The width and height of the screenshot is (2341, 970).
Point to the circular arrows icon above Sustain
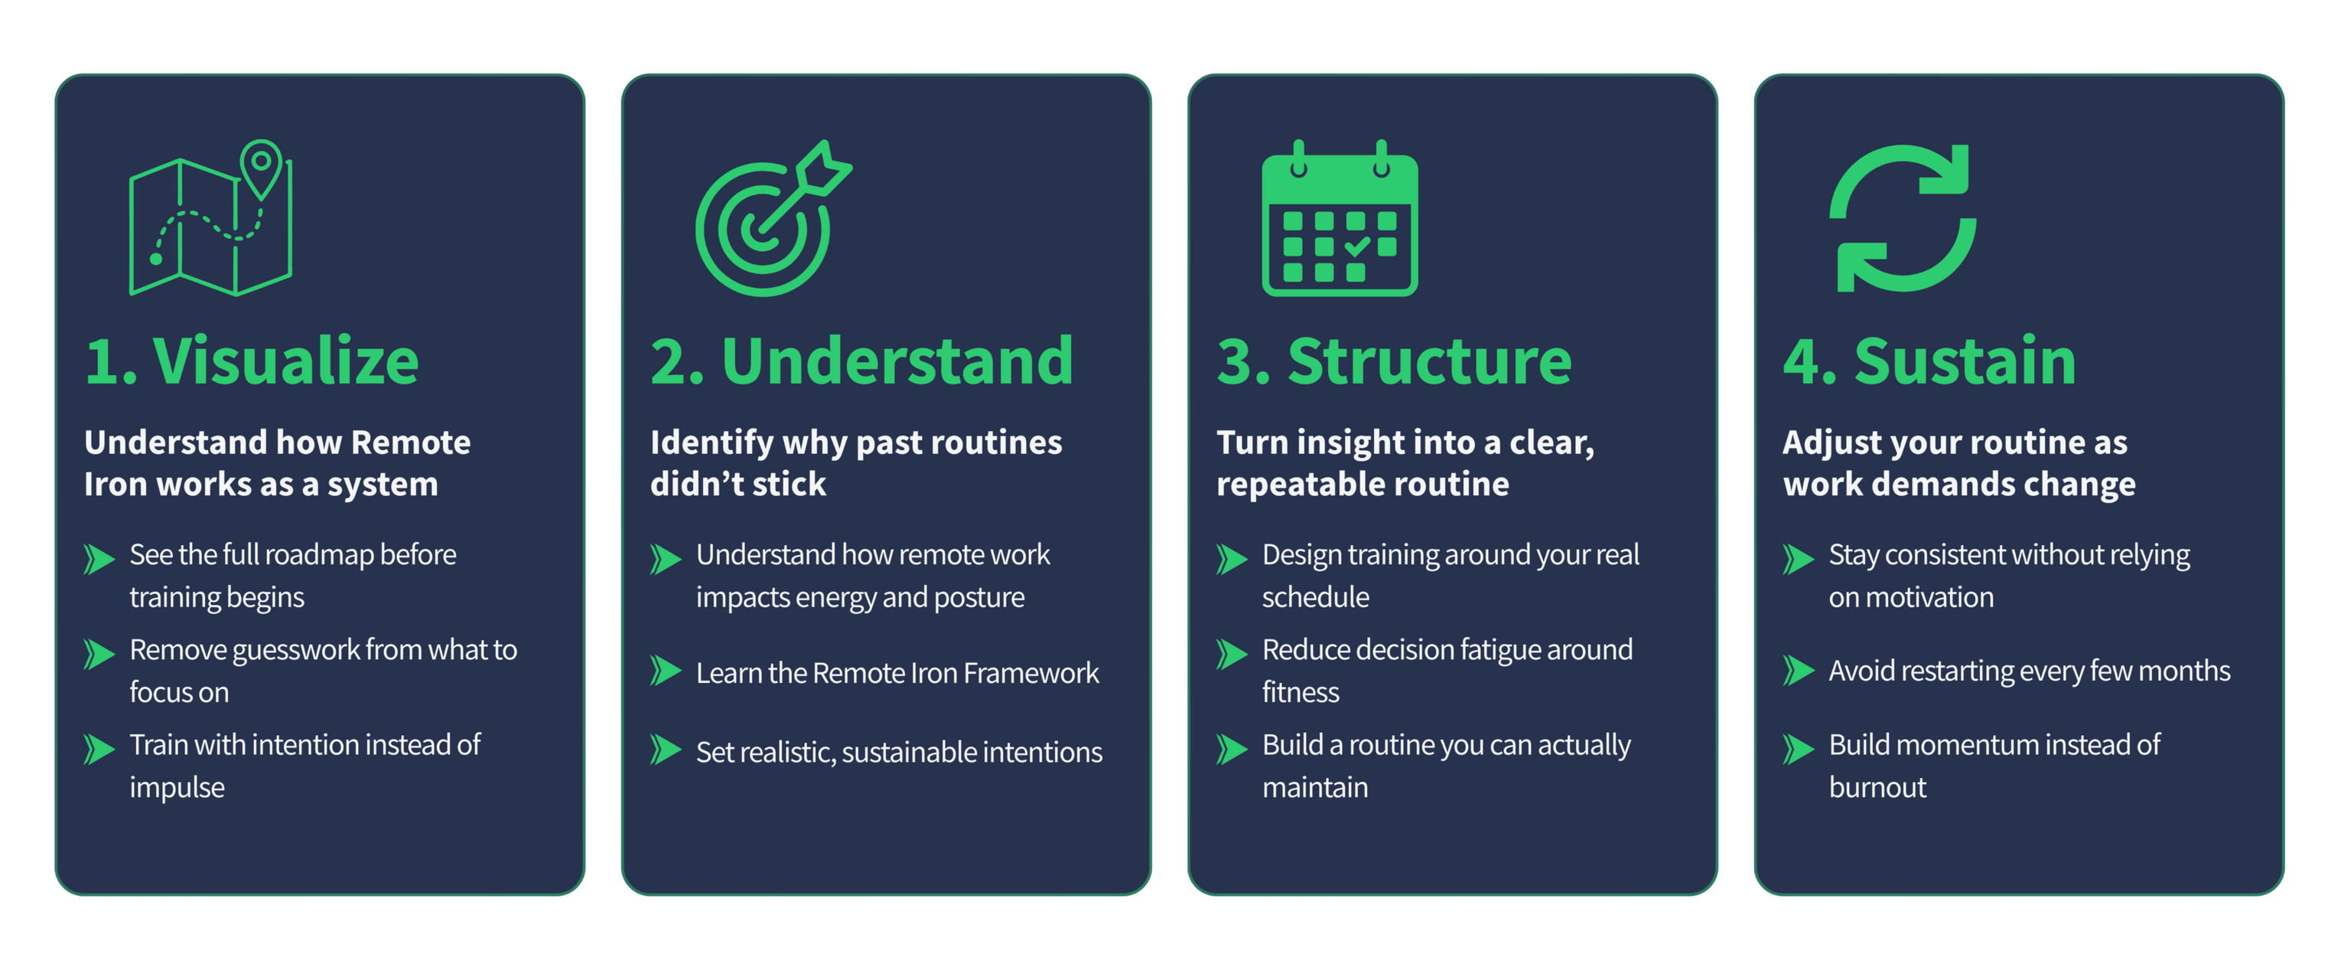(1902, 218)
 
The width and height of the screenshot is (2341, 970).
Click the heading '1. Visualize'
(252, 362)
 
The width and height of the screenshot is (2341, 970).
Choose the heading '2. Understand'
(861, 362)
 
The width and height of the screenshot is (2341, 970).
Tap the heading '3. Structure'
(1393, 362)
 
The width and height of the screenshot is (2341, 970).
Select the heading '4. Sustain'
(1929, 362)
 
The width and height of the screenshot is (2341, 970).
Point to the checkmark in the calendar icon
(1357, 246)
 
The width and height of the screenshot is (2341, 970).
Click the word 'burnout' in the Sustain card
(1877, 787)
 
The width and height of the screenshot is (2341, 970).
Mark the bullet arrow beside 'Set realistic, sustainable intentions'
(666, 750)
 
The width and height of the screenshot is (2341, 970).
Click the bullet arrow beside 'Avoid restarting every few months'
(1799, 670)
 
